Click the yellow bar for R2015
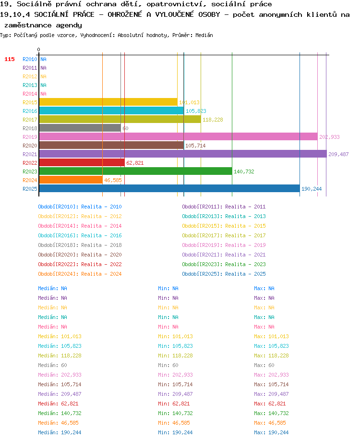[108, 102]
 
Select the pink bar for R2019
[179, 137]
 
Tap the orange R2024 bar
[71, 180]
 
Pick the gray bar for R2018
[80, 128]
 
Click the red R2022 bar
[82, 162]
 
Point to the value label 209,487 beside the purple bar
[338, 154]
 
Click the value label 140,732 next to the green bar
[244, 171]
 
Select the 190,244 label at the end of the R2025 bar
[312, 189]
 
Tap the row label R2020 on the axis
[30, 146]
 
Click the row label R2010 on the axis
[30, 59]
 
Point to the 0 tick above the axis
[38, 49]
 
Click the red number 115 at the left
[10, 59]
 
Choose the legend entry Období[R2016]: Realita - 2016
[80, 235]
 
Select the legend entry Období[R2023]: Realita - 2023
[224, 264]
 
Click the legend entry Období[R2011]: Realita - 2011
[224, 207]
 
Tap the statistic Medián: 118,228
[60, 355]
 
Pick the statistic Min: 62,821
[174, 404]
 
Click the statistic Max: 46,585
[270, 423]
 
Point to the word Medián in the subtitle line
[204, 35]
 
